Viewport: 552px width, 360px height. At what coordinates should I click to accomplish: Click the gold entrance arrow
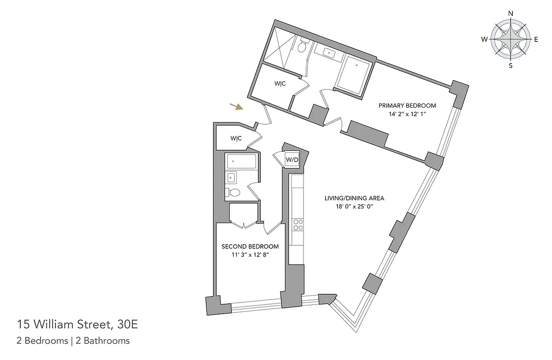236,107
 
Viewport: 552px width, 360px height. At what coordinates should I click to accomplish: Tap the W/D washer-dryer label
292,160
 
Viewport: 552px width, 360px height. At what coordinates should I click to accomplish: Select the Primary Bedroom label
407,106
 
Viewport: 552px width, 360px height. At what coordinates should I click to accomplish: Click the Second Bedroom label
250,247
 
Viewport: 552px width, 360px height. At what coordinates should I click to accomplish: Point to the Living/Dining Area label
355,198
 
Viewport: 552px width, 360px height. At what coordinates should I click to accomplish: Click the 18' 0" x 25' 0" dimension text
355,207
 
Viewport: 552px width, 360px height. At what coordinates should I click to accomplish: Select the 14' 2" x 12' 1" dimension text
407,114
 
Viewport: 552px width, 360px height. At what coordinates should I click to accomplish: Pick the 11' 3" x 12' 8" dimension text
250,255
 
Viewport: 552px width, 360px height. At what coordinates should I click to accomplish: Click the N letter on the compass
511,13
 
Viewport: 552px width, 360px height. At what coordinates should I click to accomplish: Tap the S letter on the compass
511,66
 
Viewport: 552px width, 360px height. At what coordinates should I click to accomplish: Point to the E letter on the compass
536,40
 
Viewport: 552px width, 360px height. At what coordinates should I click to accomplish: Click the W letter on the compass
484,40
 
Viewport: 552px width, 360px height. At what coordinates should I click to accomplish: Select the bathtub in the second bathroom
241,162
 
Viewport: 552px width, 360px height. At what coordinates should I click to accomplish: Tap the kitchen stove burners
298,225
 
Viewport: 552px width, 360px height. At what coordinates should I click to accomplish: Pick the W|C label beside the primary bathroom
280,84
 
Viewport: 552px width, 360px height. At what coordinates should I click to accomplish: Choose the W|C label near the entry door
236,139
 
